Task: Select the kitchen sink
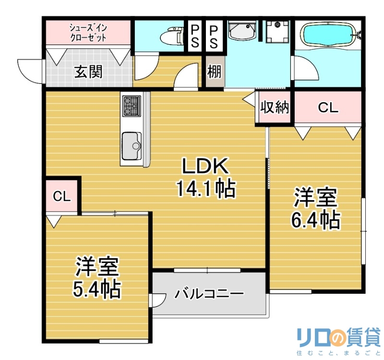pos(131,144)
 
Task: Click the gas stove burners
pos(131,106)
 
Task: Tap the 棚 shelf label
pos(214,72)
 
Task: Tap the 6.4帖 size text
pos(315,219)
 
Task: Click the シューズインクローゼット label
pos(88,32)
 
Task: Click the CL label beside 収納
pos(328,108)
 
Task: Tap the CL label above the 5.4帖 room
pos(62,196)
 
